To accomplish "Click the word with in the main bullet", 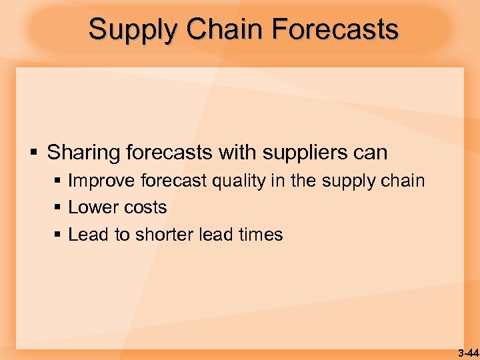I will coord(237,153).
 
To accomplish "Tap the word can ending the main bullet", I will coord(371,153).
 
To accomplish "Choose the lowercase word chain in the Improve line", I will coord(403,181).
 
